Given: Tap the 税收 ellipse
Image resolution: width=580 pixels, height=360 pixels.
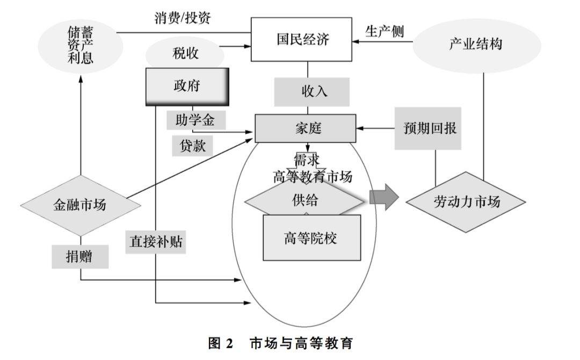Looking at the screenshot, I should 184,53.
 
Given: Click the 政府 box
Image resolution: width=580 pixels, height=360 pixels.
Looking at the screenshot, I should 187,86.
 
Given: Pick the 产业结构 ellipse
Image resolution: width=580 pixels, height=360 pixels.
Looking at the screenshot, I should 475,44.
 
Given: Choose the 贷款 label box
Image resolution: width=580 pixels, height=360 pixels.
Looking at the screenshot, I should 192,145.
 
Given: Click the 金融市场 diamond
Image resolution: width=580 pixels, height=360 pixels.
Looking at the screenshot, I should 80,205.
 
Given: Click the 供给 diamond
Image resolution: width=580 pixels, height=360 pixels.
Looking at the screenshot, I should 304,201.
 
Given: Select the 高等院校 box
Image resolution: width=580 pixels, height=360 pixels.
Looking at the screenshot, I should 311,237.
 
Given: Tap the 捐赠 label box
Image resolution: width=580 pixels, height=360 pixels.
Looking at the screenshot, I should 79,257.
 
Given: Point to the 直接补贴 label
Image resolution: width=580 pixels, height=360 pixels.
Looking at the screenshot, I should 155,241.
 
